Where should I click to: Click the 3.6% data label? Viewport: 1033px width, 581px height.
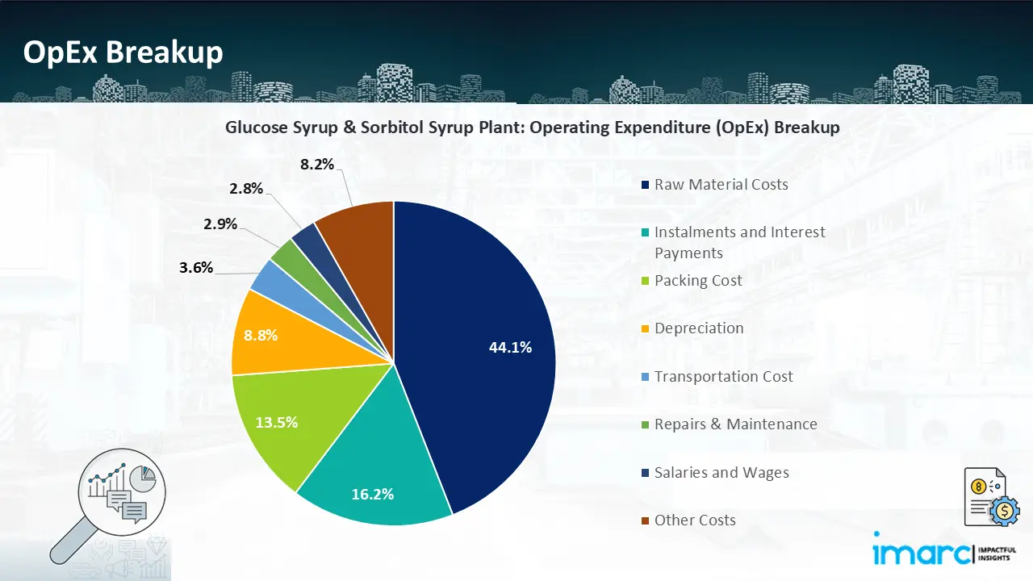pyautogui.click(x=196, y=267)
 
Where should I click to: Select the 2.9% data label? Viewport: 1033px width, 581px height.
pyautogui.click(x=220, y=224)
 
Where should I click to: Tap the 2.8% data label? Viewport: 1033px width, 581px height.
pyautogui.click(x=246, y=189)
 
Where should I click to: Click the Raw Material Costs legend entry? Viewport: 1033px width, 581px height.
pyautogui.click(x=721, y=185)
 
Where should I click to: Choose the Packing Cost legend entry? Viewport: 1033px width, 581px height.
pyautogui.click(x=698, y=281)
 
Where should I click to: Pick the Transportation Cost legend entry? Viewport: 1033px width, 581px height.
pyautogui.click(x=723, y=377)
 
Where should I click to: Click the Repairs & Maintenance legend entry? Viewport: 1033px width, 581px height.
pyautogui.click(x=735, y=424)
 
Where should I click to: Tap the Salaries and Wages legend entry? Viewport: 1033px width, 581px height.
pyautogui.click(x=721, y=473)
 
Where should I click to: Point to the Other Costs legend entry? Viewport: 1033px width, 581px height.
pyautogui.click(x=695, y=520)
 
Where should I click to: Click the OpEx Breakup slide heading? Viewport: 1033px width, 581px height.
pyautogui.click(x=123, y=52)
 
